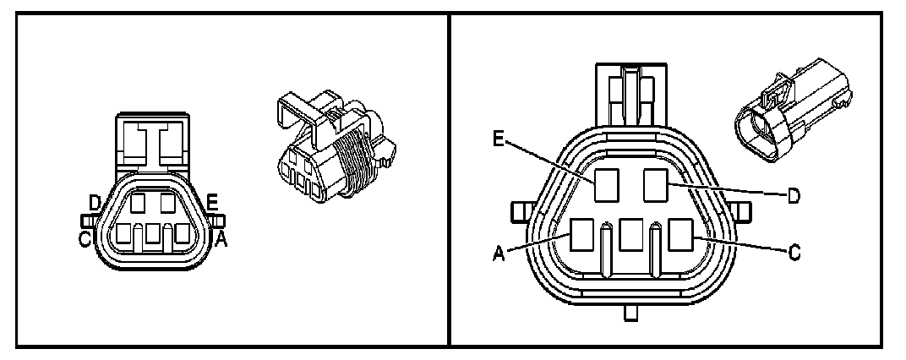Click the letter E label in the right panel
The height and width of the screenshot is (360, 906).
pyautogui.click(x=501, y=138)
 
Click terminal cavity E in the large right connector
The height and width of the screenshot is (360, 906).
pyautogui.click(x=606, y=184)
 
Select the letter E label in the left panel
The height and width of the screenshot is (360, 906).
pyautogui.click(x=213, y=202)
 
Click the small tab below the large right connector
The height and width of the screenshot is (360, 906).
pyautogui.click(x=630, y=314)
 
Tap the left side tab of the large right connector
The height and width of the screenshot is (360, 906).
pyautogui.click(x=518, y=209)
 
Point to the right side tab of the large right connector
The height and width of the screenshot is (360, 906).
pyautogui.click(x=745, y=209)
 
